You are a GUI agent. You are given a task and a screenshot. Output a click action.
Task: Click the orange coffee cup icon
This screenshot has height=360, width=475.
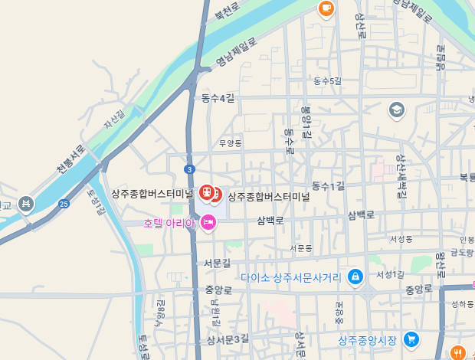click(x=326, y=8)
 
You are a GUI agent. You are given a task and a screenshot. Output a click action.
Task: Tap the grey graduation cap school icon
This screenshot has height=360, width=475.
click(x=397, y=110)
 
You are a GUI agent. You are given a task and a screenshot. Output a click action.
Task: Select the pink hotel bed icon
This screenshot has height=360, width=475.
click(x=208, y=222)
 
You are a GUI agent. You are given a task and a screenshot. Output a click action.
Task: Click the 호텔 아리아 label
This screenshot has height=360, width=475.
click(x=169, y=223)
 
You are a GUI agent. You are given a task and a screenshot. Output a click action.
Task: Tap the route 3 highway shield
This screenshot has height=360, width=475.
click(x=189, y=169)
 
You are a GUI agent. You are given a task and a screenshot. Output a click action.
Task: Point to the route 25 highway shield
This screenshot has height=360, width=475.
click(x=64, y=204)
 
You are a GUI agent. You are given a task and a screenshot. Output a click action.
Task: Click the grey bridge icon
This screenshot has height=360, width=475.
click(x=27, y=204)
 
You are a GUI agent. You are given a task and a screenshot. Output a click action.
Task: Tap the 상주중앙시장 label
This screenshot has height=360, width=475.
click(x=368, y=340)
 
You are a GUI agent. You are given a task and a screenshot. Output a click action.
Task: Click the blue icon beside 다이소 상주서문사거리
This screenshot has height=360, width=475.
click(x=355, y=277)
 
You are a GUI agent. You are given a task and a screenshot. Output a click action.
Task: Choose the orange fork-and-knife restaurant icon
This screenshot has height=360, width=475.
click(x=459, y=352)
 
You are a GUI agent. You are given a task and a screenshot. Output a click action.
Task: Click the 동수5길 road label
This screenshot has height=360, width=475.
click(x=327, y=80)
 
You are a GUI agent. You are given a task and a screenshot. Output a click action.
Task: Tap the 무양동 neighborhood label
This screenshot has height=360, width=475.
click(x=230, y=143)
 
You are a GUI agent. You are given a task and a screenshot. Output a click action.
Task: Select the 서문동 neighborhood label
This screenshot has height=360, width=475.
click(x=301, y=248)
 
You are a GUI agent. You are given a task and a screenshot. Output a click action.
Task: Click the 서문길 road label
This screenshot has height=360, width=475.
click(x=217, y=263)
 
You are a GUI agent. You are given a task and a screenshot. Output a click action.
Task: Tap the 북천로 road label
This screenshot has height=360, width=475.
click(x=227, y=11)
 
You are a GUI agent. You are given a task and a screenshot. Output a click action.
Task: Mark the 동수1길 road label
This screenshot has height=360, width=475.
click(x=329, y=186)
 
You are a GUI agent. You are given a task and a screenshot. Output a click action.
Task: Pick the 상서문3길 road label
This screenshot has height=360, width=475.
click(x=228, y=339)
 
